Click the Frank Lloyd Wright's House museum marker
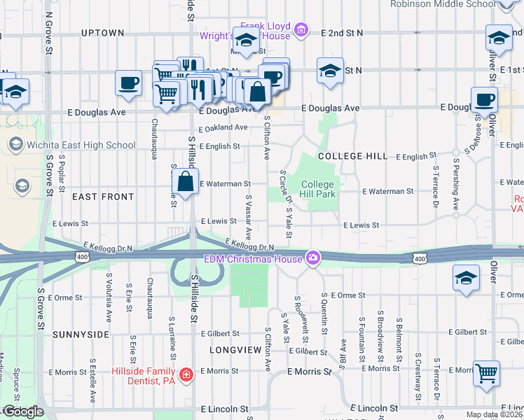click(x=301, y=29)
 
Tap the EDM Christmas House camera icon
click(x=312, y=258)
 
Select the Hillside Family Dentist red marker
click(x=185, y=374)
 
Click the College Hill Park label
click(x=318, y=189)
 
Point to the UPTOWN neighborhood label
click(x=102, y=33)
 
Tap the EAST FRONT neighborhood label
click(x=103, y=197)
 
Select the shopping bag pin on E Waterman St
click(x=185, y=182)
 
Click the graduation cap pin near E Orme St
click(x=466, y=277)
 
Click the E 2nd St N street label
click(x=342, y=33)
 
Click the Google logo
click(x=22, y=412)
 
